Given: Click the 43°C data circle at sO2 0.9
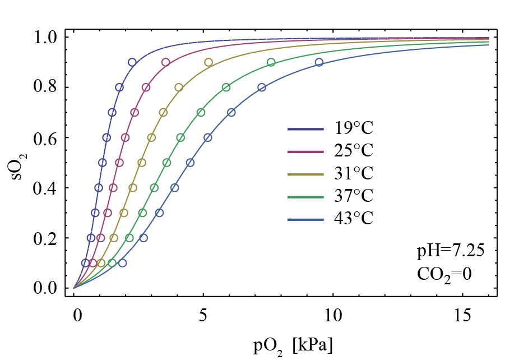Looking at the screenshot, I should click(x=319, y=62).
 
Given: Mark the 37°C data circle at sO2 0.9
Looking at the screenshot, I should click(x=271, y=62).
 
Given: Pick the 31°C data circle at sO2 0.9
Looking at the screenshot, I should click(x=209, y=62).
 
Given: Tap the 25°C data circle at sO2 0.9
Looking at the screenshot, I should click(x=166, y=62).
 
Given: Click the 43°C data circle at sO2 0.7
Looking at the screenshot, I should click(x=231, y=112).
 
